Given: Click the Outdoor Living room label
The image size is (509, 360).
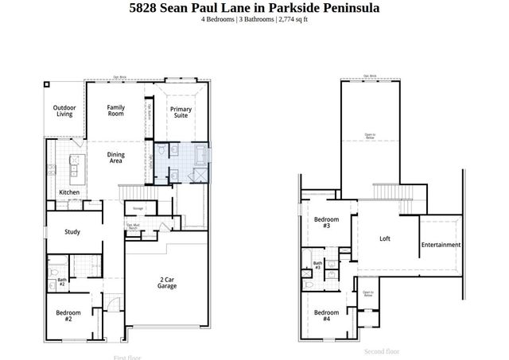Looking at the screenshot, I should [x=64, y=111].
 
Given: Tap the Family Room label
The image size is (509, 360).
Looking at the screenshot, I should [x=116, y=110].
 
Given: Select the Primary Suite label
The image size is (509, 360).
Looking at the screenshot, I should [x=181, y=112].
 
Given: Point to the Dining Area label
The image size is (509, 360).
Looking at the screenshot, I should [x=116, y=158].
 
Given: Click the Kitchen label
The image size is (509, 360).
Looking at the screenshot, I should [x=69, y=193].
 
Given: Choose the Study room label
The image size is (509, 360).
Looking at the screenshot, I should [x=72, y=232].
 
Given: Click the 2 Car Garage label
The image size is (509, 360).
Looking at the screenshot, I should [x=167, y=284].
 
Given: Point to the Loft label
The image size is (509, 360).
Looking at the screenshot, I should [x=385, y=238].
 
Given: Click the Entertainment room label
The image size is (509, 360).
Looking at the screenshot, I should [x=441, y=245].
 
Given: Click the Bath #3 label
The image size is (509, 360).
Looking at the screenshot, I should [x=317, y=265].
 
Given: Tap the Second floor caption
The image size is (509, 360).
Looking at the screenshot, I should [x=382, y=350].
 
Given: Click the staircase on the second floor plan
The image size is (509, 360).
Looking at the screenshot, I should [x=387, y=192].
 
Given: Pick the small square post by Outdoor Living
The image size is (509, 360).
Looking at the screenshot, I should [x=47, y=83].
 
